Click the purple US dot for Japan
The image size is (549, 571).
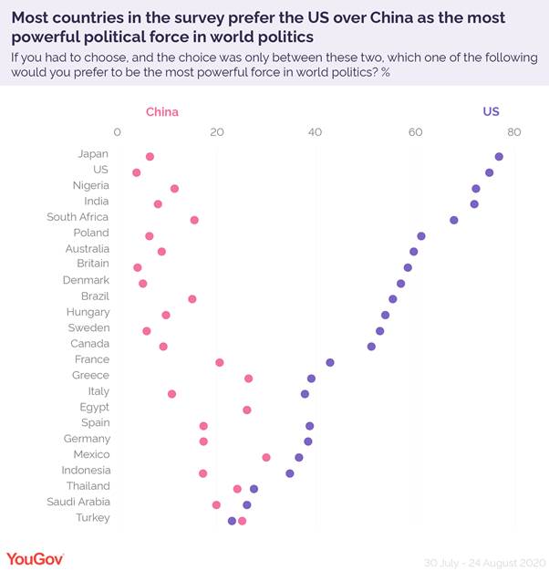point(499,157)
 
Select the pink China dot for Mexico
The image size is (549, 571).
point(266,457)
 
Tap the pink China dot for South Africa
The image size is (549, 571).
point(194,220)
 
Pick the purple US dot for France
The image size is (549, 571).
point(330,362)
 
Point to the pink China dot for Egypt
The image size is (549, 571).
point(247,410)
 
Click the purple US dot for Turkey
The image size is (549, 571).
point(232,521)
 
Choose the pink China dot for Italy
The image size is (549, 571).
point(171,394)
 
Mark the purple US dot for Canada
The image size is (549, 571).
point(371,347)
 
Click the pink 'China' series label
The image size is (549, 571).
point(162,112)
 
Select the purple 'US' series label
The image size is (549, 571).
point(491,112)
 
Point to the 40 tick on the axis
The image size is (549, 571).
point(316,133)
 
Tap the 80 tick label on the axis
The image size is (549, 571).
point(514,133)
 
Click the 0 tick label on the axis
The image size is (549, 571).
point(118,133)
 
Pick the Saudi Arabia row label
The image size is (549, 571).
point(78,502)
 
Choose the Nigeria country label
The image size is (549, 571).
point(91,185)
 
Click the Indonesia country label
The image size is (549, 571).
point(85,470)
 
